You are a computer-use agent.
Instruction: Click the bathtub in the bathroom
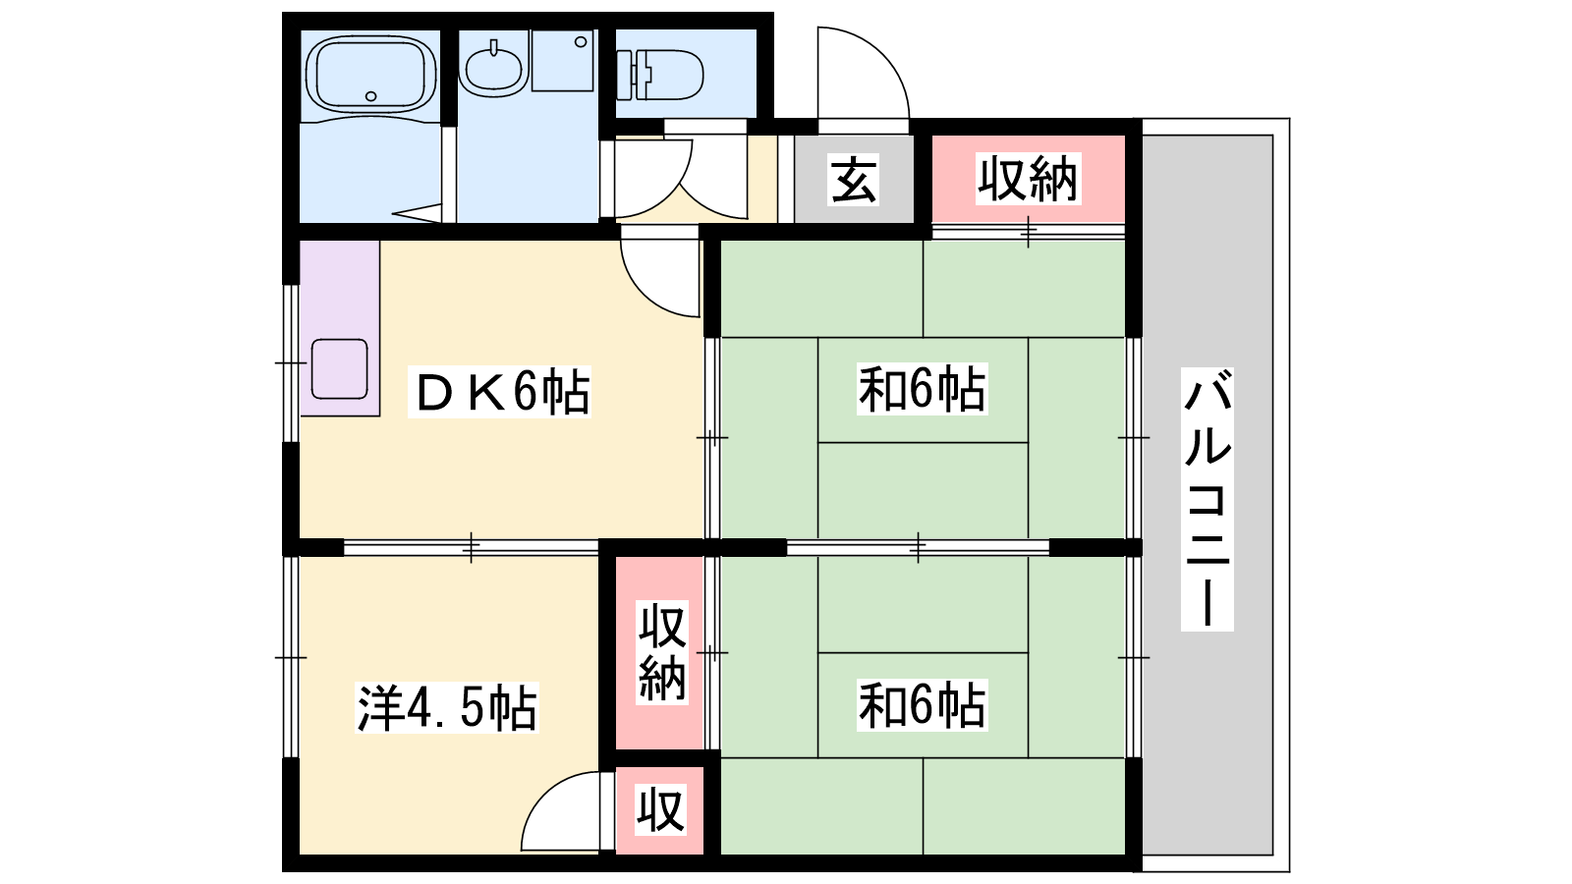coord(370,74)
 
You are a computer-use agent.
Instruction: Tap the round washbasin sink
coord(493,68)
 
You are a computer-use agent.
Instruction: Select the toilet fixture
coord(659,75)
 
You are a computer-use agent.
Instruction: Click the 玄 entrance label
coord(854,180)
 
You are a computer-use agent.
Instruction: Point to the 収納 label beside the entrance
coord(1028,180)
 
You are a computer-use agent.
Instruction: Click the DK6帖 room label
coord(500,392)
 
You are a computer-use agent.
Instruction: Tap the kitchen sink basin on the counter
coord(340,369)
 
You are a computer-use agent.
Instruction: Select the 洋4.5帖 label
coord(447,707)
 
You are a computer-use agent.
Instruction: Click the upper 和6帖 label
coord(923,389)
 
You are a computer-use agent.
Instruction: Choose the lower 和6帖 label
coord(923,705)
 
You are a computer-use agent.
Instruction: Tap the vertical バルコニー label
coord(1207,500)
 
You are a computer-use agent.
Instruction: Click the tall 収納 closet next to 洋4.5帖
coord(659,652)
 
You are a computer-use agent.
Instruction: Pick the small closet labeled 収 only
coord(659,811)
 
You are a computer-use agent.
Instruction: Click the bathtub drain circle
coord(370,96)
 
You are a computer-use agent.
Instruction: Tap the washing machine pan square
coord(562,60)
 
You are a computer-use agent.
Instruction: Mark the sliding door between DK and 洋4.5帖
coord(471,547)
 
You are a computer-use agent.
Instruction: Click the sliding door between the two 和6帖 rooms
coord(918,547)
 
